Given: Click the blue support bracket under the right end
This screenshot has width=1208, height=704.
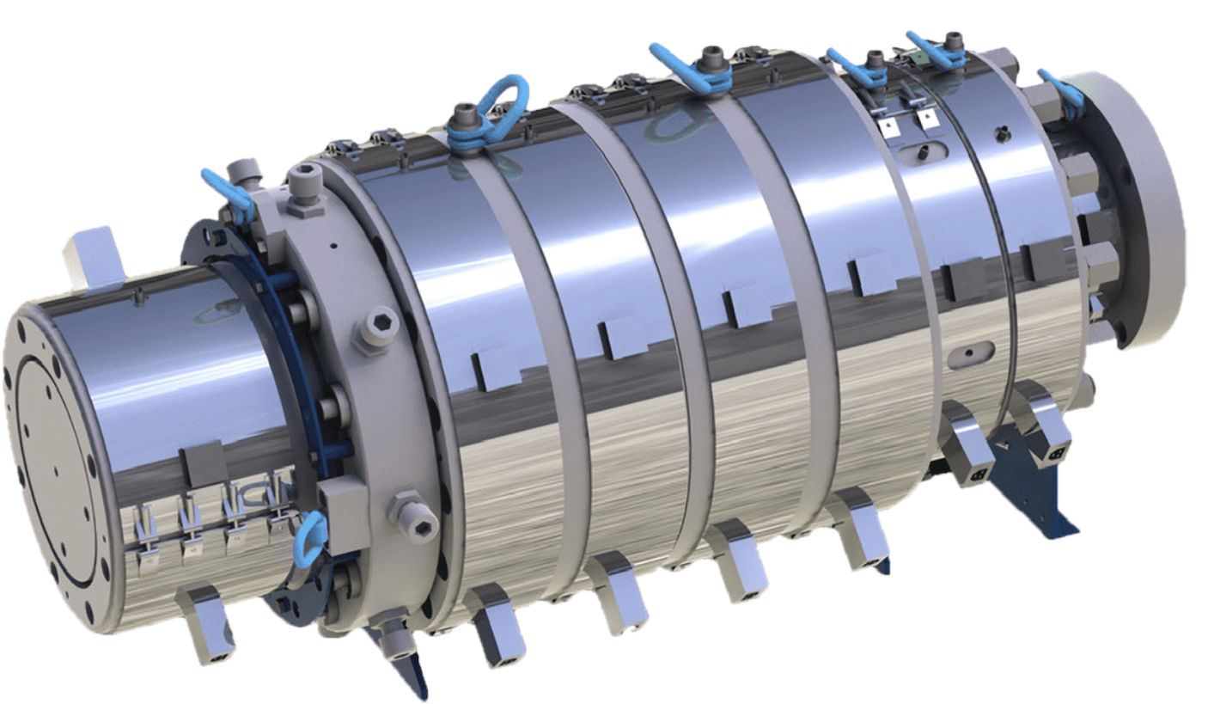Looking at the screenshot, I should point(1031,490).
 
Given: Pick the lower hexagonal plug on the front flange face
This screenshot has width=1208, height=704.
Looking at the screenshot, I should point(406,509).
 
